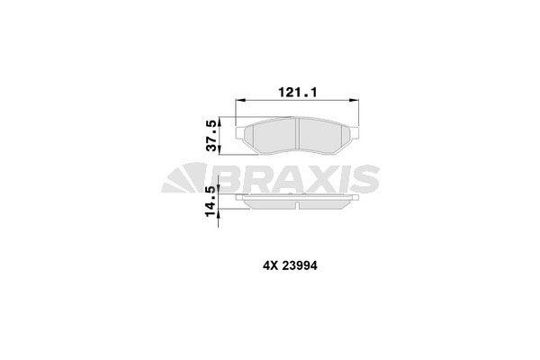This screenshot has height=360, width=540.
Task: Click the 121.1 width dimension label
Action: (x=299, y=91)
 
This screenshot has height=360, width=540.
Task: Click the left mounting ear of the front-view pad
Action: (x=240, y=134)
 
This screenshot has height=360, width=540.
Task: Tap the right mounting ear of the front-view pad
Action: (x=357, y=134)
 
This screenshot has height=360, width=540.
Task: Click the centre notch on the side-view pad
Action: (x=299, y=203)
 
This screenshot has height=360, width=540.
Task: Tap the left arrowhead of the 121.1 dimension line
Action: (x=238, y=101)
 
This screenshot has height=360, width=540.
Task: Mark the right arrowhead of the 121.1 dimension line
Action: (x=359, y=101)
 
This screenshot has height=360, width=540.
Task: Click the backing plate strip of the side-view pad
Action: (x=299, y=197)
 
